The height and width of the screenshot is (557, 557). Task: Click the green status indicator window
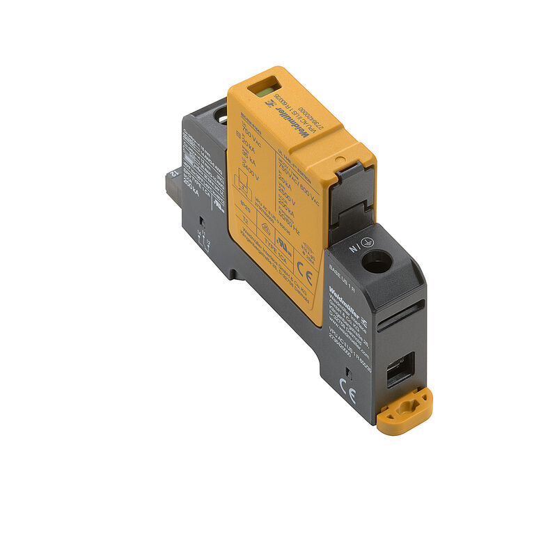pyautogui.click(x=264, y=89)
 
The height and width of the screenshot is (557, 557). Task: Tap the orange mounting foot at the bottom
pyautogui.click(x=405, y=412)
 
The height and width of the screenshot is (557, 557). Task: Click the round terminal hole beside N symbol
pyautogui.click(x=377, y=261)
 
